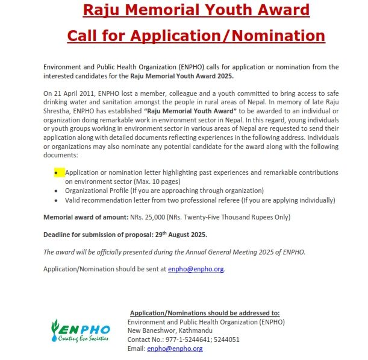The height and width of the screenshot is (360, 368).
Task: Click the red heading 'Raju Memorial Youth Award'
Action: (x=196, y=10)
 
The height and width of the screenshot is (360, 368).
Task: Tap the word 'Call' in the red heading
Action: (x=83, y=36)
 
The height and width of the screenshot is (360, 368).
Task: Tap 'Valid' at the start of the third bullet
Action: (x=73, y=200)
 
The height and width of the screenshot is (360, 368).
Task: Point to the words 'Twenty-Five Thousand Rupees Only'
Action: (x=225, y=216)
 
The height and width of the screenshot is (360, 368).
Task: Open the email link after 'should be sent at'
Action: (x=196, y=269)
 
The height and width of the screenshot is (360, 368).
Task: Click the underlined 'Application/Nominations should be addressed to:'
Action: (x=205, y=313)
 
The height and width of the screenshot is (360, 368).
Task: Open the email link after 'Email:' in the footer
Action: (x=175, y=349)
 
